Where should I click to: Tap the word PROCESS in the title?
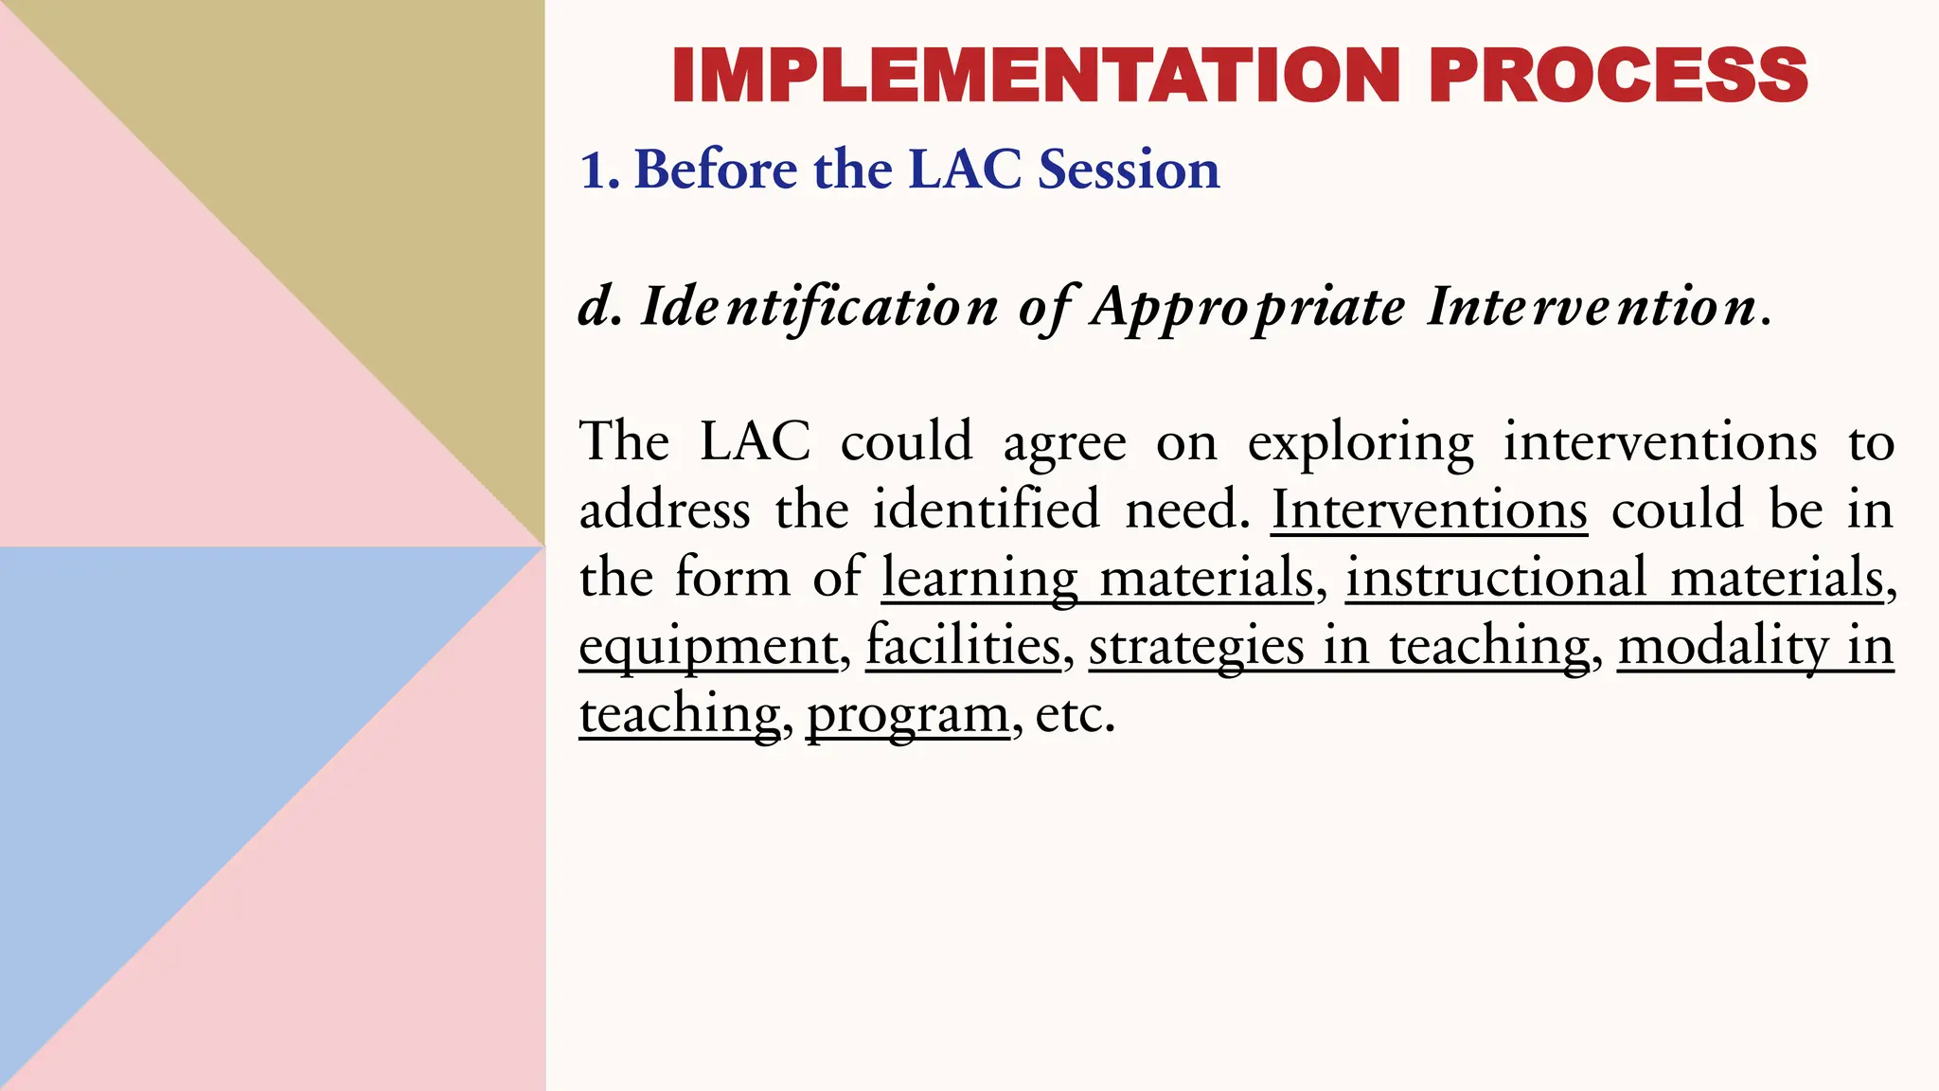[x=1618, y=75]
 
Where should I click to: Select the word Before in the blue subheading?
[x=715, y=170]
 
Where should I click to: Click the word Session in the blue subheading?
[x=1129, y=170]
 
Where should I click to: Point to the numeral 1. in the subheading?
[x=599, y=170]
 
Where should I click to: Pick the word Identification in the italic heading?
[x=819, y=307]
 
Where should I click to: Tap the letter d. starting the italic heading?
[x=600, y=307]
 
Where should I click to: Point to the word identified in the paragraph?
[x=986, y=510]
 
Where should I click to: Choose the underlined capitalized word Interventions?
[x=1429, y=510]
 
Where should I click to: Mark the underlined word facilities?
[x=963, y=646]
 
